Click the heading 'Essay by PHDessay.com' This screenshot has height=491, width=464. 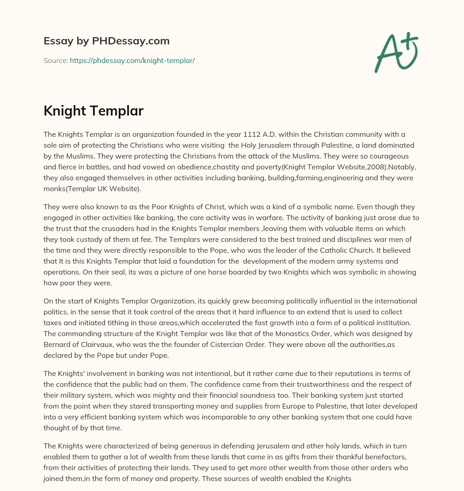106,41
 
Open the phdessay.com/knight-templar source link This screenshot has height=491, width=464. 132,60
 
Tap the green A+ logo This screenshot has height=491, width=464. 396,52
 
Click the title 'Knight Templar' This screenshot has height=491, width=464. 93,111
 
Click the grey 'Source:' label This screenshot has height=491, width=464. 56,60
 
